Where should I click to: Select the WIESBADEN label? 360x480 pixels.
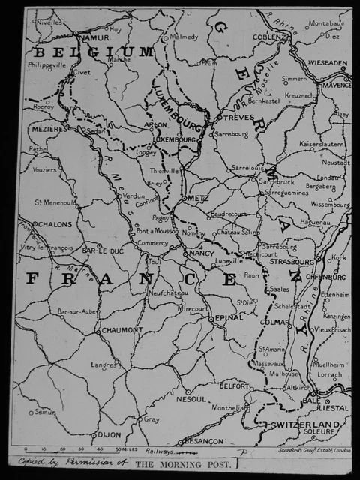coord(325,64)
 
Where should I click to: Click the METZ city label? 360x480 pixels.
coord(198,198)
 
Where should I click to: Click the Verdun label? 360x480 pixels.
coord(133,196)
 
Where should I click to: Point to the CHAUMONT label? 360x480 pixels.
coord(121,329)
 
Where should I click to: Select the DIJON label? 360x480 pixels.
coord(110,434)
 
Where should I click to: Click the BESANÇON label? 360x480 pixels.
coord(203,440)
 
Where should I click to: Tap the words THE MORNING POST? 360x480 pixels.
coord(184,465)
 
